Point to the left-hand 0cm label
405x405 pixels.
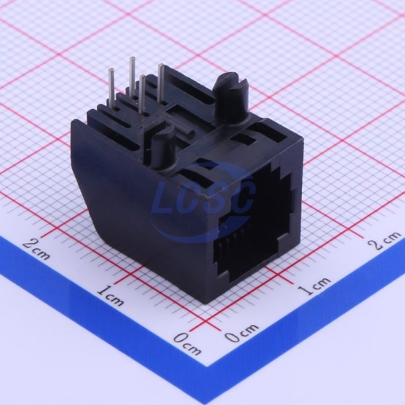click(187, 345)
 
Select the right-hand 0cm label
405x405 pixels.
click(242, 332)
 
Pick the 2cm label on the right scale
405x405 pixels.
click(384, 239)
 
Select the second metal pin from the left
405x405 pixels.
click(133, 75)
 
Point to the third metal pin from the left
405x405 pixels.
click(141, 94)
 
